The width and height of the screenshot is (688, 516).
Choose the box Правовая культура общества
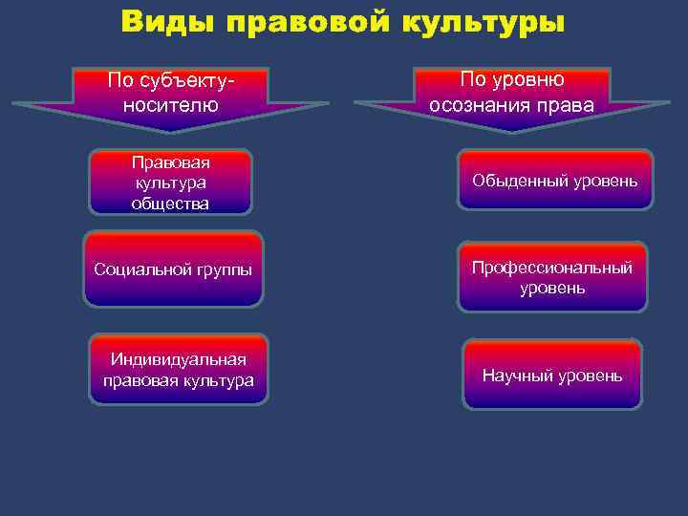171,182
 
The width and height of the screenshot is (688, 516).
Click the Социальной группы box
173,269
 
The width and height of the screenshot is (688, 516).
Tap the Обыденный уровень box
553,180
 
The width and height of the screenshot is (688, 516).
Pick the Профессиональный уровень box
552,277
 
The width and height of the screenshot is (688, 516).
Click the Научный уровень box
552,376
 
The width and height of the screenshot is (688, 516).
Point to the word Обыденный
514,180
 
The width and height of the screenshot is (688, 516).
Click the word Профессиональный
552,268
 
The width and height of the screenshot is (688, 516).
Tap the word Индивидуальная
179,359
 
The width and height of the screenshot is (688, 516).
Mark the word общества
171,203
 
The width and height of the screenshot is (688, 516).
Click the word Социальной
140,269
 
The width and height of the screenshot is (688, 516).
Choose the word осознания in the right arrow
484,103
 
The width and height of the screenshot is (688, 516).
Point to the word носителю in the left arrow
171,104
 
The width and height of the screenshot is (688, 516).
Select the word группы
222,269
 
